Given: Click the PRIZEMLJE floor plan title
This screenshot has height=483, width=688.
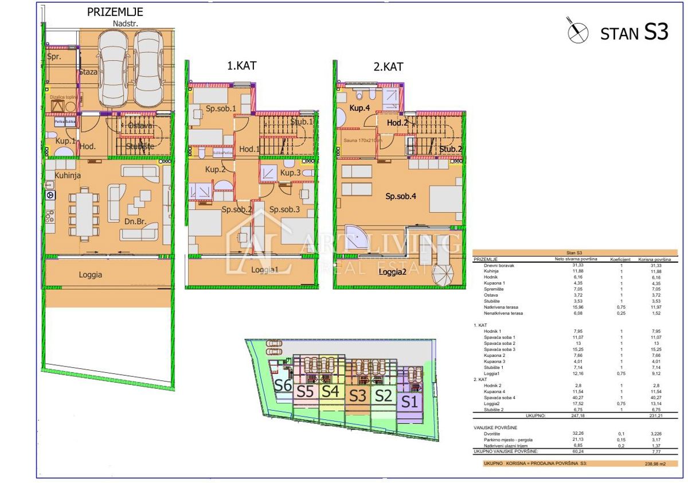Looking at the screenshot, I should pos(115,11).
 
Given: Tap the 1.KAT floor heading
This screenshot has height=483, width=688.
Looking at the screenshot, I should pos(241,65).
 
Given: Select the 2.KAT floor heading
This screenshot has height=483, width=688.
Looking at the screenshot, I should pos(388,67).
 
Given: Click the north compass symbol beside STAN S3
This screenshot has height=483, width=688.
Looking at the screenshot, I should pos(577,31).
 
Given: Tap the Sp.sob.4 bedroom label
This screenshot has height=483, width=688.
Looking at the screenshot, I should pos(400,196).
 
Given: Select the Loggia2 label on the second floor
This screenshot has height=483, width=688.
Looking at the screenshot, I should pos(392,272).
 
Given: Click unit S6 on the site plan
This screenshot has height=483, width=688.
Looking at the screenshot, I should pos(282,385).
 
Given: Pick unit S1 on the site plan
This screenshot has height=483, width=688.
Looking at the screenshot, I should pos(408,402).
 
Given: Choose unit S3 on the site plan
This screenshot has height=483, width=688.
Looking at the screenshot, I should pos(358,395).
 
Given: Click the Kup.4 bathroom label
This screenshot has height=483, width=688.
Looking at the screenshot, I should pos(359,108).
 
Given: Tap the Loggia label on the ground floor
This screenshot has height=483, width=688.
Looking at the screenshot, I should pos(91,275).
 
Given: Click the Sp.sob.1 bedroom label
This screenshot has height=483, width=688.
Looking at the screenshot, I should pos(221,108).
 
